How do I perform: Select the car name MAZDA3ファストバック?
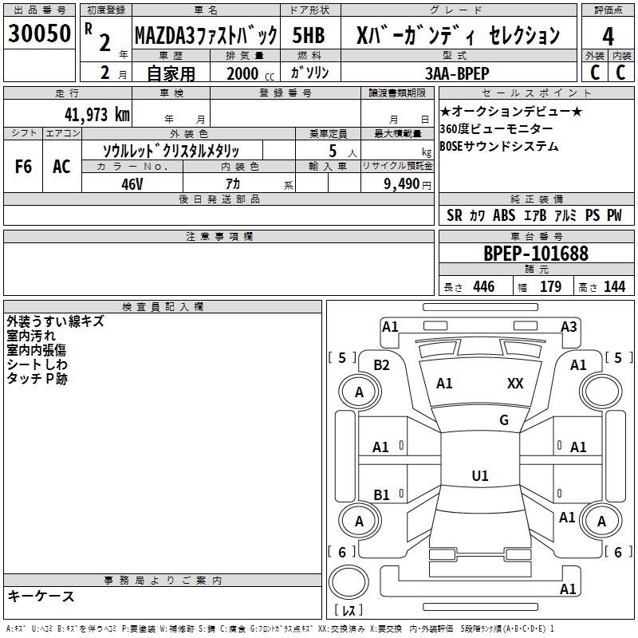(x=206, y=35)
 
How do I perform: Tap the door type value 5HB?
(x=308, y=35)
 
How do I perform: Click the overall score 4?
(x=608, y=36)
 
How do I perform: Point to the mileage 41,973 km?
(x=96, y=114)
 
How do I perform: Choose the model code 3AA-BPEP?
(x=456, y=73)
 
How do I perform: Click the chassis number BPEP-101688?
(x=536, y=254)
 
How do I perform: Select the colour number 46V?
(x=132, y=183)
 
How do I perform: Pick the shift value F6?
(x=24, y=167)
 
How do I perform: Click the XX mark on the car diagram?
(x=515, y=384)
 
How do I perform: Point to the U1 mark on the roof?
(x=480, y=476)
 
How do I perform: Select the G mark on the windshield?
(x=503, y=420)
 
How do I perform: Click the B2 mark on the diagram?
(x=382, y=365)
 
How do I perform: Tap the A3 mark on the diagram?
(x=569, y=326)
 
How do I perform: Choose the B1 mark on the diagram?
(x=381, y=494)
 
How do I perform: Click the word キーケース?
(x=41, y=597)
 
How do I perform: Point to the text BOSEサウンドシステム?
(x=499, y=147)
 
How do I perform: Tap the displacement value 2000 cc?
(x=247, y=73)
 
